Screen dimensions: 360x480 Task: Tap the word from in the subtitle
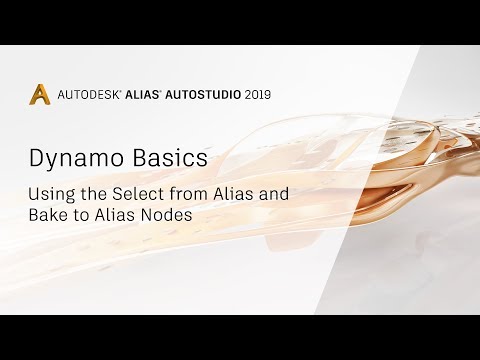(x=183, y=193)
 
